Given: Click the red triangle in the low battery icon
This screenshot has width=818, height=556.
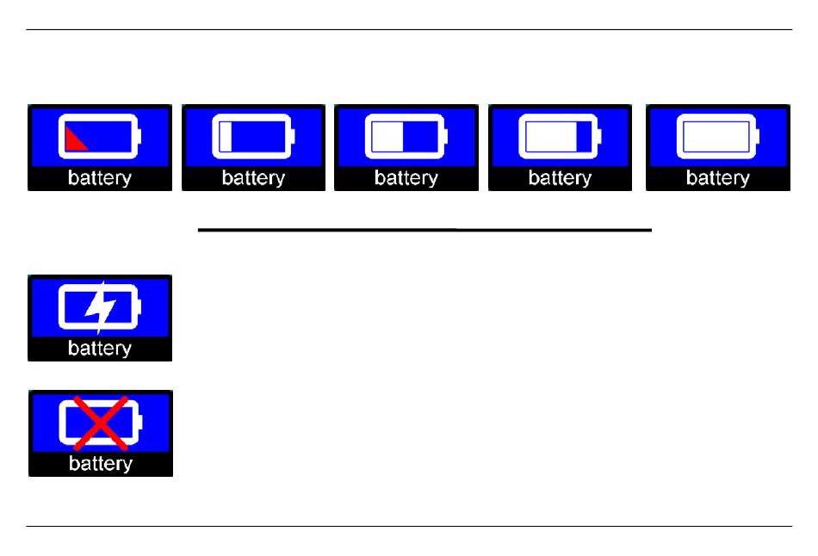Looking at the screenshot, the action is [x=73, y=142].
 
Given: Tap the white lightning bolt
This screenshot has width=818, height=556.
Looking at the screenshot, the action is [x=100, y=307].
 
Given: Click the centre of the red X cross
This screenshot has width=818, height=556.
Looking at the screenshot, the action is [x=101, y=423].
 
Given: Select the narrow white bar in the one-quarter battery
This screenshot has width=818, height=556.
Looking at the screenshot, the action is [x=226, y=136].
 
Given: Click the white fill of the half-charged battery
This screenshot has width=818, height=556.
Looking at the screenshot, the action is [x=387, y=136].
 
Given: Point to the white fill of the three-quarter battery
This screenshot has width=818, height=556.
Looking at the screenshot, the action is [x=551, y=136].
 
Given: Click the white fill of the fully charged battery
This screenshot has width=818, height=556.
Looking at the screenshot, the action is [x=716, y=136].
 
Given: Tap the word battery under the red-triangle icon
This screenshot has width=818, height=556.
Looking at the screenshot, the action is [x=100, y=178].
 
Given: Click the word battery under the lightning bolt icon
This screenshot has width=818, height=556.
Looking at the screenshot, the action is [x=100, y=348].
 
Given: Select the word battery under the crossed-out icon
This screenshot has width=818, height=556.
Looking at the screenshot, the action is [x=101, y=463].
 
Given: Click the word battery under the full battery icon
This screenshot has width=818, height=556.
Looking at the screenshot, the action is [x=718, y=178].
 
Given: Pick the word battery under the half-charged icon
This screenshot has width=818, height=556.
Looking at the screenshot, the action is [x=406, y=178].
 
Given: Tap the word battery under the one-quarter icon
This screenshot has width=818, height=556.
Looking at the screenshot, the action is [x=253, y=178].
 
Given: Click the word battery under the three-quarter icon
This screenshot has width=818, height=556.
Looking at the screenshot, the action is [x=561, y=178].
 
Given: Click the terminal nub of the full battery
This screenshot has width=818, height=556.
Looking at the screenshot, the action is [x=757, y=136].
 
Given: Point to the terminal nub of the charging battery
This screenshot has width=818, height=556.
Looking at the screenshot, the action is [x=139, y=306].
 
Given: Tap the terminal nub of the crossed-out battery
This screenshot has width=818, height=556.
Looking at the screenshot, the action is [x=140, y=422].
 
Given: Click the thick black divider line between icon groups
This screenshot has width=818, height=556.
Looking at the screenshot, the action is [x=424, y=230].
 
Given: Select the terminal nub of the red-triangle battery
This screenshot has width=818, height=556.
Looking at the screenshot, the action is [x=139, y=136].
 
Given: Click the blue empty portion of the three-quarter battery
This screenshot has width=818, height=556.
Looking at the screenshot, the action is [x=585, y=136].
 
